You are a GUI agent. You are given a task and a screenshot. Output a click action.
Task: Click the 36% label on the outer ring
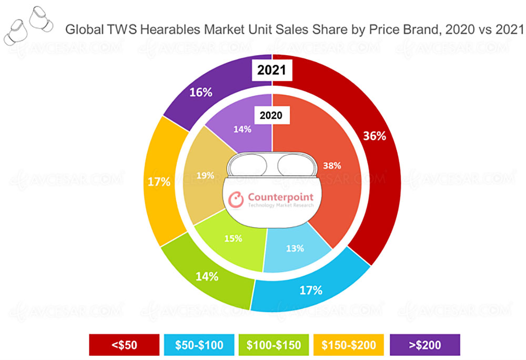[x=375, y=136]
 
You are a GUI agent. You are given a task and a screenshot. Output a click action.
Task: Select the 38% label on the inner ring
[x=332, y=165]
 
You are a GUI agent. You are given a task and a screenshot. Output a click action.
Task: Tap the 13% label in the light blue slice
[x=296, y=248]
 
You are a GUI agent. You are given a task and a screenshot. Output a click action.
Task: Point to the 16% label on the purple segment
[x=200, y=93]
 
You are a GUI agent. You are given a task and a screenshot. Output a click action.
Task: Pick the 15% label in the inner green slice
[x=232, y=238]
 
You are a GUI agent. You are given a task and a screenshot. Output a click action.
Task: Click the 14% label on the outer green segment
[x=206, y=276]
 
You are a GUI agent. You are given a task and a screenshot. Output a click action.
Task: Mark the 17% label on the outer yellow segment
[x=158, y=183]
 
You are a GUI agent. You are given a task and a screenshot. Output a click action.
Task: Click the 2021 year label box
[x=272, y=71]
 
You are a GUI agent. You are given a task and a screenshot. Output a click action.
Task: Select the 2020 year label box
[x=272, y=115]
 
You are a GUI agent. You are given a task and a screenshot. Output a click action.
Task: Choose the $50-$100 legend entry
[x=198, y=345]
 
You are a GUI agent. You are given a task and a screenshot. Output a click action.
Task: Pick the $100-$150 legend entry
[x=272, y=345]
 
